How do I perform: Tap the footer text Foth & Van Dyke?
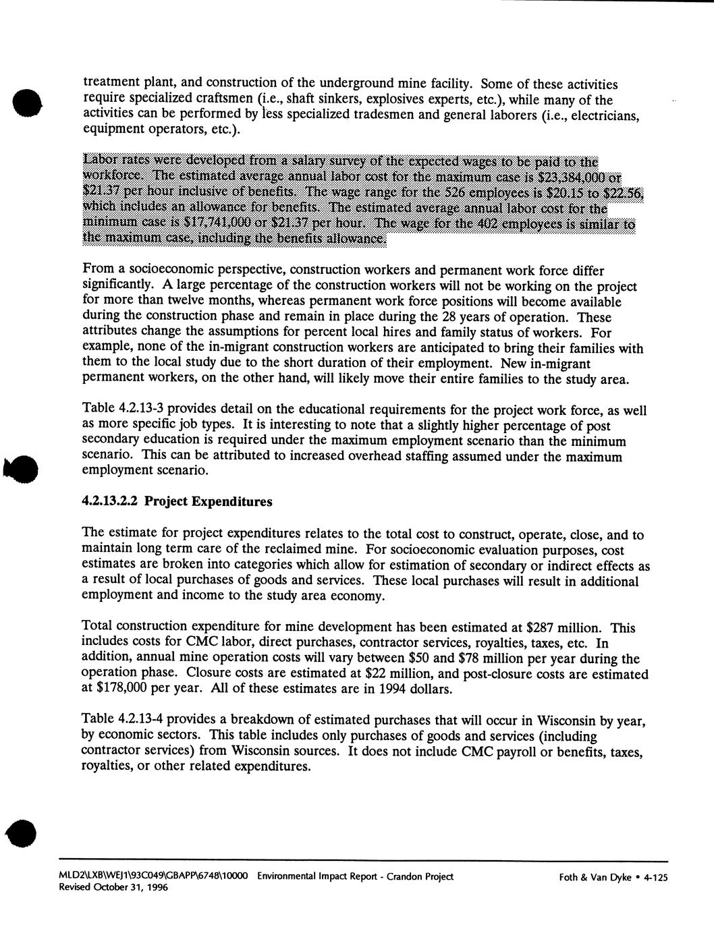coord(595,877)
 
